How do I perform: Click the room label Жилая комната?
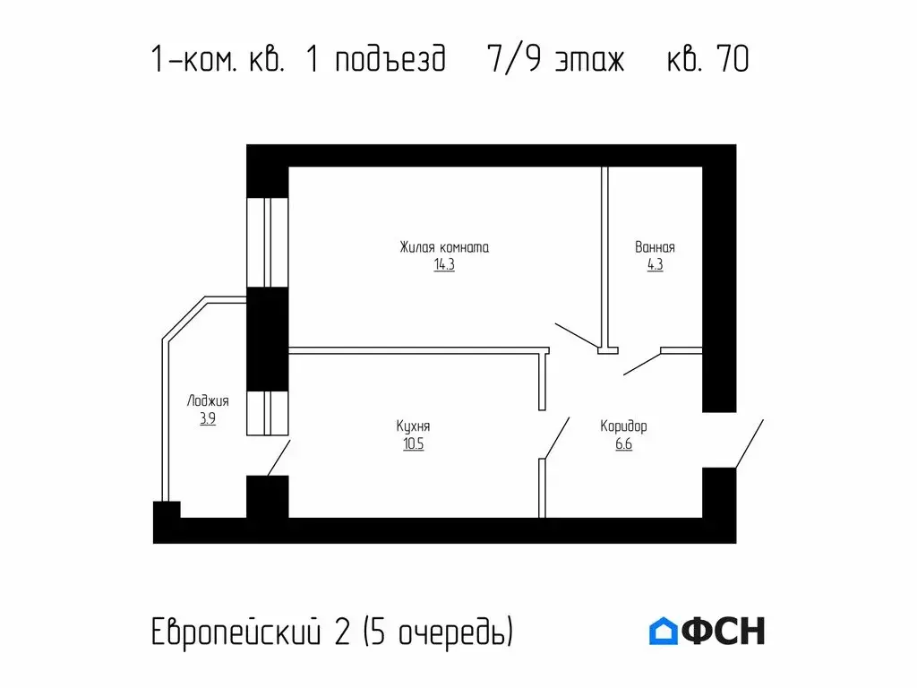444,247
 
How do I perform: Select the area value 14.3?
444,265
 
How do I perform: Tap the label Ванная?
655,247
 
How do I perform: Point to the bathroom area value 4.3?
655,265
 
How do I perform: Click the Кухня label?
413,426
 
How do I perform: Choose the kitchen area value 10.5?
413,444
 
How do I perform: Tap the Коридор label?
623,426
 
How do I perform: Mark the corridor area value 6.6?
623,444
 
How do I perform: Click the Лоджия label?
208,400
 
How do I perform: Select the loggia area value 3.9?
208,418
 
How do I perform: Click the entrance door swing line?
749,443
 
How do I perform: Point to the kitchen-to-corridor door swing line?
555,438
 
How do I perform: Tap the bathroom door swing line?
641,363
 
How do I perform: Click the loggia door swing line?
279,458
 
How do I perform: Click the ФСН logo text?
724,632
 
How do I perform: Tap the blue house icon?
664,632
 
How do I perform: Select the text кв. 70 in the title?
707,60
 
